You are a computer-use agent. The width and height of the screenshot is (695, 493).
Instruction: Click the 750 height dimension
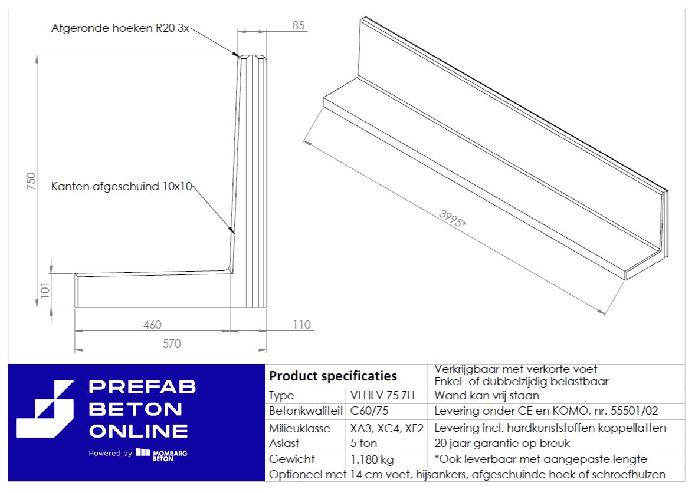(31, 181)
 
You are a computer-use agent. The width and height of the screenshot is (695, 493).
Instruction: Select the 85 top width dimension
(299, 26)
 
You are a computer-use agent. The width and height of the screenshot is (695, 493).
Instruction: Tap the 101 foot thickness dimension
(45, 290)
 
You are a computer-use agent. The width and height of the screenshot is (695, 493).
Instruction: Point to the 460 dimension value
(152, 325)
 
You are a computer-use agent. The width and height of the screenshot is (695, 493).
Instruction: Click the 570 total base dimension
(172, 343)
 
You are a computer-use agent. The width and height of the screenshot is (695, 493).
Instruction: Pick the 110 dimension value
(301, 325)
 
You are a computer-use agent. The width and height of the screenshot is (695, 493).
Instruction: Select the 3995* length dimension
(452, 218)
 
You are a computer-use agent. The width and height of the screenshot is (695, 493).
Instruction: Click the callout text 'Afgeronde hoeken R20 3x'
(120, 28)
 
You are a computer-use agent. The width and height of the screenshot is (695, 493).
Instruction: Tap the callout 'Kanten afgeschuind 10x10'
(122, 186)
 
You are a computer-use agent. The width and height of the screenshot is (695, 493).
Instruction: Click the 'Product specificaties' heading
(333, 376)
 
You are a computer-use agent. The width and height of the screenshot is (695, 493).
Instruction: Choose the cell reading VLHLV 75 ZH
(382, 395)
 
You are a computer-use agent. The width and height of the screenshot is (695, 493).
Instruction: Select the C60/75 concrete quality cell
(369, 411)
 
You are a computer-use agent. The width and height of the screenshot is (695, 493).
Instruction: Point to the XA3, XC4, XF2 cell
(386, 428)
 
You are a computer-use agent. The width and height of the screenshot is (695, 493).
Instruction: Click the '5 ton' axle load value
(363, 444)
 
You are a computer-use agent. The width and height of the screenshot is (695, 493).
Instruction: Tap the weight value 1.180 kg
(372, 459)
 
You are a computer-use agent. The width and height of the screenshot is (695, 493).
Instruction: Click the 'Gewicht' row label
(291, 459)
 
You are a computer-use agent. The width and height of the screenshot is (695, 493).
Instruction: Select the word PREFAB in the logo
(142, 387)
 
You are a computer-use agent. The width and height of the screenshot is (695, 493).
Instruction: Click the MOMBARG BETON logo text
(170, 456)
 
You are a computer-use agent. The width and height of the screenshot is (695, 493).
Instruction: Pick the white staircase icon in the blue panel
(45, 409)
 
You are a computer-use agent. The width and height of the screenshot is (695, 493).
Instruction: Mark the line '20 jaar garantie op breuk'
(501, 444)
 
